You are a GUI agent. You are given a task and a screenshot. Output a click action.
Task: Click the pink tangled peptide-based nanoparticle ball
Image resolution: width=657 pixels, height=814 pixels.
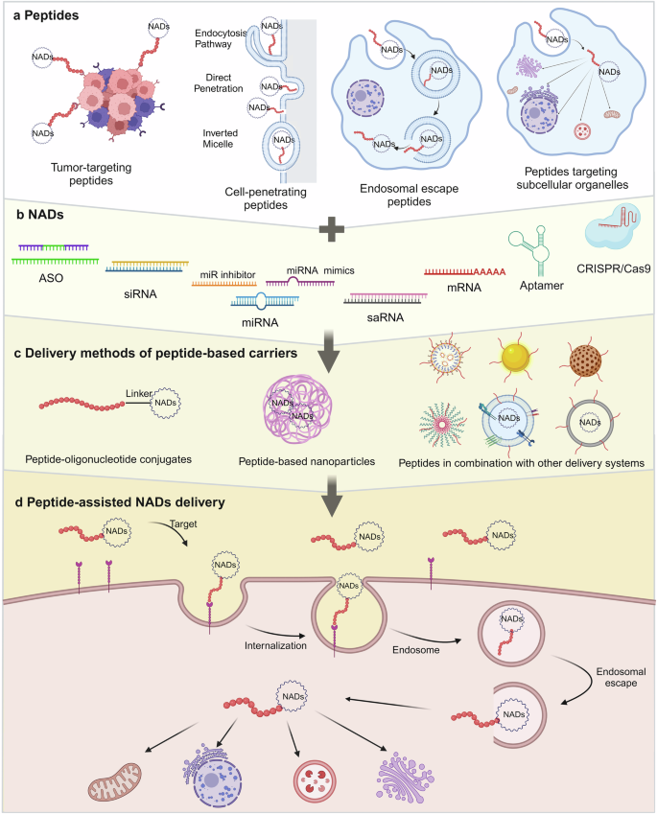pos(303,403)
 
